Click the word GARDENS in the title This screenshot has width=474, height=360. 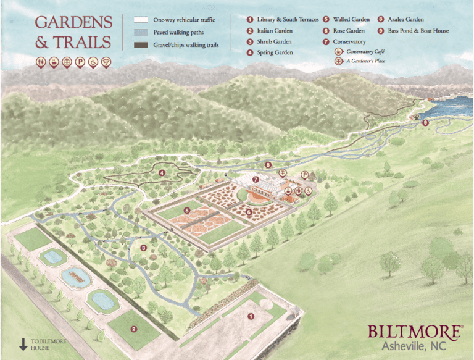(73, 23)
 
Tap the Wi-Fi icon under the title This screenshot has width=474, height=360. (106, 62)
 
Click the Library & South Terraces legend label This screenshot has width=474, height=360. (288, 20)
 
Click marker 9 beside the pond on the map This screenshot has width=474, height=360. (425, 123)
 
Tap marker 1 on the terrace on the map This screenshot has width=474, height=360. (251, 316)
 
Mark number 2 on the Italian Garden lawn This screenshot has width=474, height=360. (133, 329)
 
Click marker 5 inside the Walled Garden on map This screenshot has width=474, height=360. (186, 211)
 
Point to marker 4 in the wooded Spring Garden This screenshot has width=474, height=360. (161, 173)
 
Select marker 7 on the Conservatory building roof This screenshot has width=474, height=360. (255, 179)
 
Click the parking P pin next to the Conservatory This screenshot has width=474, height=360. (304, 175)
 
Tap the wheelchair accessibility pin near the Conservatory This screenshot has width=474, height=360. (307, 191)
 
